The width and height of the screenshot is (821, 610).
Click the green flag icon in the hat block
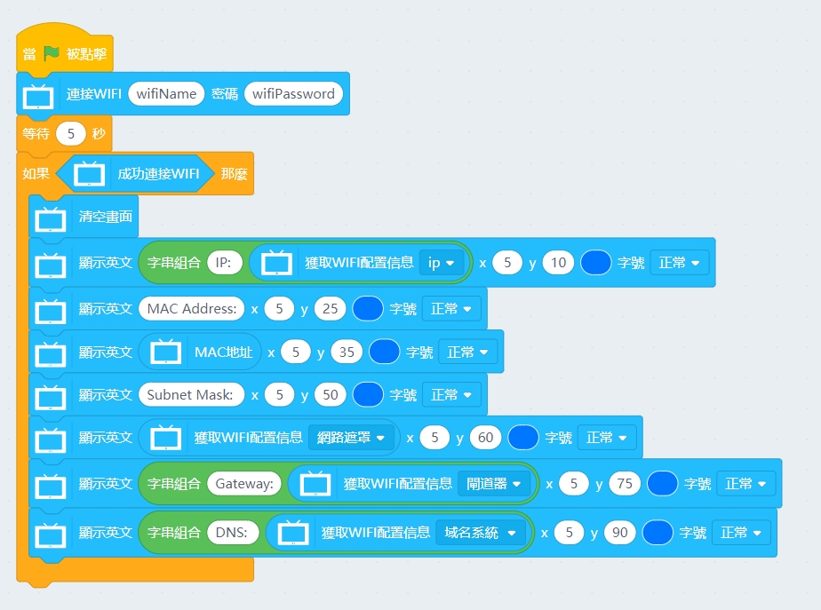52,53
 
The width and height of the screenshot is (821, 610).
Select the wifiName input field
166,93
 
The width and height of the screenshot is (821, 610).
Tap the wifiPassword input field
293,93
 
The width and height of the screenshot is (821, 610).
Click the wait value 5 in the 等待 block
70,134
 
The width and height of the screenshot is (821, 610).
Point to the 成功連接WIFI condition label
158,174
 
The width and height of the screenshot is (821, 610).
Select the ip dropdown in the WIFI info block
442,263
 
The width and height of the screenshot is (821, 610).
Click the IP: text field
222,263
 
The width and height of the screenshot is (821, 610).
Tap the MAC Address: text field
191,309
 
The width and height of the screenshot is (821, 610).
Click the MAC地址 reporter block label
223,353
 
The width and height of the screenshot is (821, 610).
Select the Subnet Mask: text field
191,394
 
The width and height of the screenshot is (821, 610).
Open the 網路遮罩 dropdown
352,438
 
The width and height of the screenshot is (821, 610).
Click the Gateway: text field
243,484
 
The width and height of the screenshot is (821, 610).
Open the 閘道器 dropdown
493,484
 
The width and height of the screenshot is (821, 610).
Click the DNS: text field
233,533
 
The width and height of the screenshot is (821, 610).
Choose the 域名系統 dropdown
480,533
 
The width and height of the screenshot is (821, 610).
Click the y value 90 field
619,533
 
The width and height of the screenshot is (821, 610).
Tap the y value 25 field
331,309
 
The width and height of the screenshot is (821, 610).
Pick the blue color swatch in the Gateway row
663,484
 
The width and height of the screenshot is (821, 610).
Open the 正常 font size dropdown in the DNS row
741,533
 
